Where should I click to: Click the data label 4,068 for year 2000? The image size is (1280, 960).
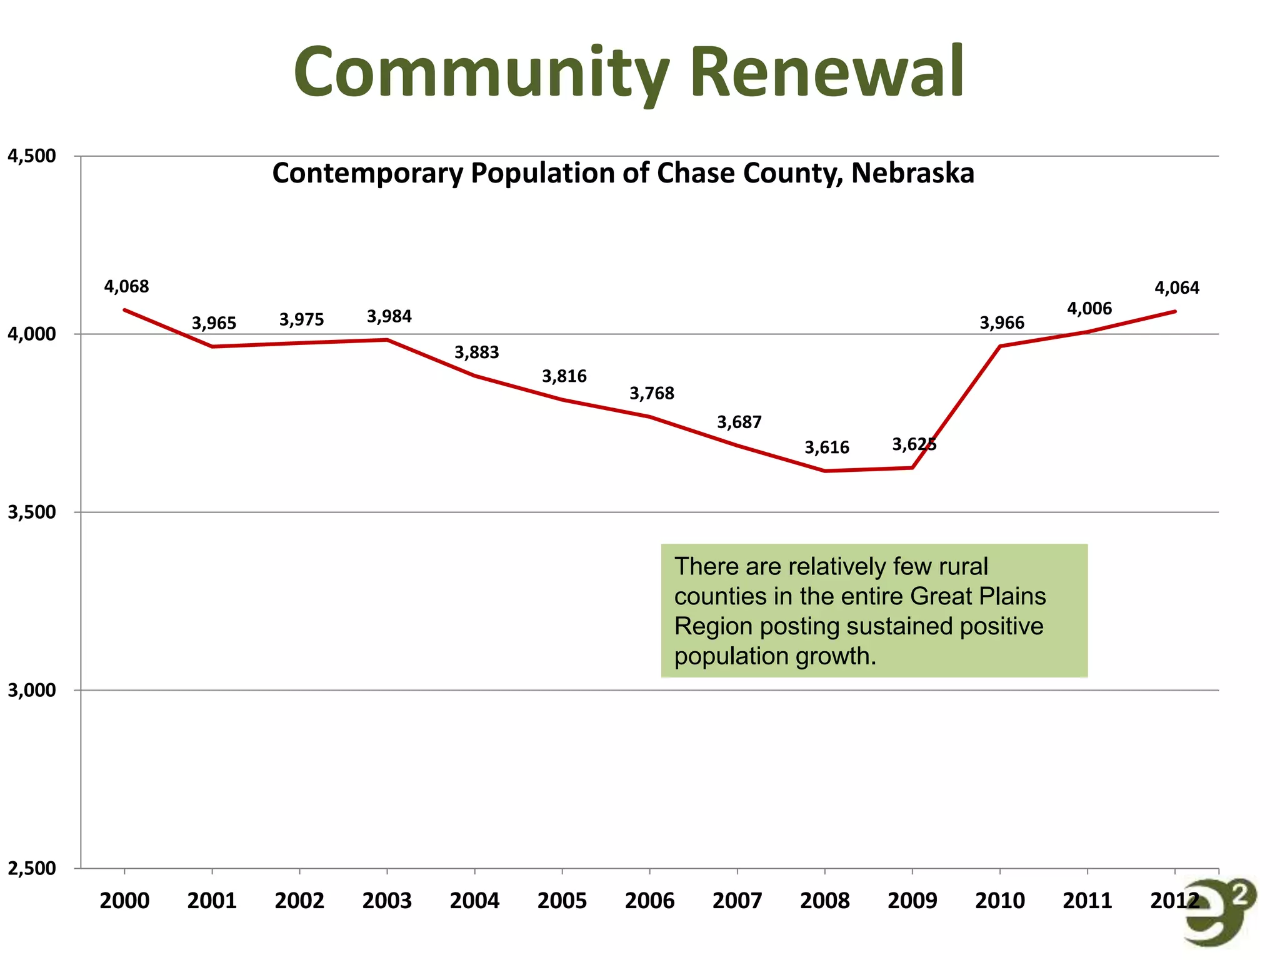126,287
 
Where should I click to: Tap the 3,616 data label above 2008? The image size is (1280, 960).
827,447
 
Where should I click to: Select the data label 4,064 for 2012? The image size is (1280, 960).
1177,288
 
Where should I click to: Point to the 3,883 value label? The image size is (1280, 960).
477,352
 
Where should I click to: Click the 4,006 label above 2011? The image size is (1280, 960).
1089,309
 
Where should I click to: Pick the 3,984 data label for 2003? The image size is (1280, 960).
389,316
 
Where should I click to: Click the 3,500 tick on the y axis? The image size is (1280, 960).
31,512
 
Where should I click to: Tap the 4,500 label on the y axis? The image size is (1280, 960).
31,156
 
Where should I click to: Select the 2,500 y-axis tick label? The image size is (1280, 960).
31,868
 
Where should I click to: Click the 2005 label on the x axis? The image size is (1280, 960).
562,901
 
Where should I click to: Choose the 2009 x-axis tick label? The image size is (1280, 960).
912,901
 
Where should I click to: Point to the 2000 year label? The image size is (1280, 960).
124,901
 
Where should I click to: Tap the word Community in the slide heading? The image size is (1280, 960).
481,72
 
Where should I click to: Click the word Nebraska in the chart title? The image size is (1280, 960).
912,173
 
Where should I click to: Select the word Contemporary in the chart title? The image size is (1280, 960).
367,173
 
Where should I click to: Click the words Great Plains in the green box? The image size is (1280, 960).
978,596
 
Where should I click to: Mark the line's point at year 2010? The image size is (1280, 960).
1000,346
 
